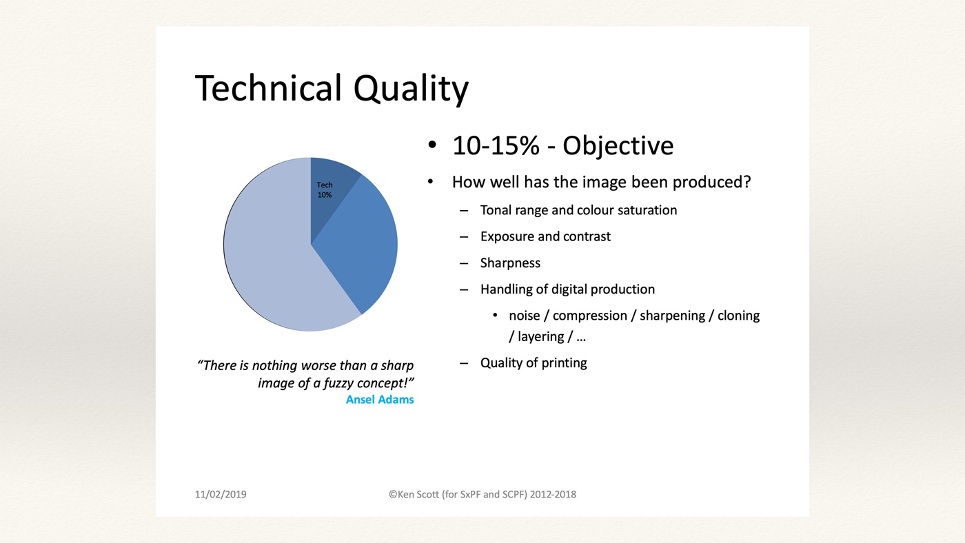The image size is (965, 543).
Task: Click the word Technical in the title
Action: click(268, 88)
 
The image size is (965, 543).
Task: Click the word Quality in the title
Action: click(411, 90)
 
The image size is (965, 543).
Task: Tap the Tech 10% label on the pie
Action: click(325, 190)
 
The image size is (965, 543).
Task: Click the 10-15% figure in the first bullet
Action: click(496, 145)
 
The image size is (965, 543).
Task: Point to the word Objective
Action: click(618, 146)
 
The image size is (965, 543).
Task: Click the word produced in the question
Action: click(711, 182)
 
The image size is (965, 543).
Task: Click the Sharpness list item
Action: click(510, 263)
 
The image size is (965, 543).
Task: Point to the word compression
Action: click(590, 316)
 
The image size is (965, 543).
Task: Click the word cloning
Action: click(738, 316)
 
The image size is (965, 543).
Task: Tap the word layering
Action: click(540, 337)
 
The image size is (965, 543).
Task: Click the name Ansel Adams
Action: click(380, 400)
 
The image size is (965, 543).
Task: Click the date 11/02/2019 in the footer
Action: click(221, 494)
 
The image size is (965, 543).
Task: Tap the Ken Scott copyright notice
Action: click(482, 494)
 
